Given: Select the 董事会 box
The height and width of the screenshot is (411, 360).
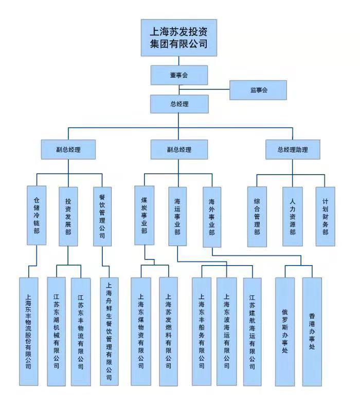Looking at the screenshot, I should click(x=178, y=75).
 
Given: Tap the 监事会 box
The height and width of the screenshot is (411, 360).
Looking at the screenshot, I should click(x=258, y=90).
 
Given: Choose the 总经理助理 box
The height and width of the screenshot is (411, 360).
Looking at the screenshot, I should click(x=292, y=150).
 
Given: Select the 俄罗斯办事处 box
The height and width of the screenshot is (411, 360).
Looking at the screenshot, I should click(x=285, y=331).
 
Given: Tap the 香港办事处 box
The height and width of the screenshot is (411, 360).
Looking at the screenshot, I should click(x=312, y=331).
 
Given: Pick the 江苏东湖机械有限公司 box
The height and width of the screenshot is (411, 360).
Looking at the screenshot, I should click(x=56, y=331).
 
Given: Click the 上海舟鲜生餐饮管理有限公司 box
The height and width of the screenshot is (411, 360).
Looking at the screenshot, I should click(x=109, y=331).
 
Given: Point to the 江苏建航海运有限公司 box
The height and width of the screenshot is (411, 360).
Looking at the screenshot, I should click(x=253, y=331).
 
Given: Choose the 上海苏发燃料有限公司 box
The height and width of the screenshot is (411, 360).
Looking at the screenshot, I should click(x=168, y=331).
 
